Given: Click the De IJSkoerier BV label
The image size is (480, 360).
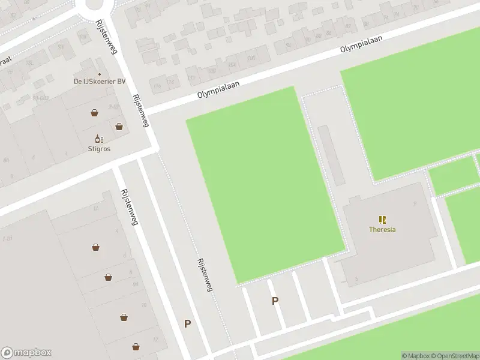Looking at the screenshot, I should [x=100, y=82].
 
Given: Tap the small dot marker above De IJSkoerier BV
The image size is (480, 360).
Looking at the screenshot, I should [x=100, y=74].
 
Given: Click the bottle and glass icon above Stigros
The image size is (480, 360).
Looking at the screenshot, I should [x=97, y=139].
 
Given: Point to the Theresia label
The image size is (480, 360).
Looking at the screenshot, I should [x=382, y=229].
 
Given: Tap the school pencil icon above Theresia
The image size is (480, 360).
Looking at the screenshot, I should [x=382, y=220].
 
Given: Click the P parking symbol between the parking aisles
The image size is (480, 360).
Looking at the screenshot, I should [x=275, y=301].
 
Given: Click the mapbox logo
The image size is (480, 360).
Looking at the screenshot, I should [x=26, y=353].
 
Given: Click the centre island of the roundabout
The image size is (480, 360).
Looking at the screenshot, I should [x=95, y=3].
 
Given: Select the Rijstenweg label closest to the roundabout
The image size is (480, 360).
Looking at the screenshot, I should [x=106, y=37].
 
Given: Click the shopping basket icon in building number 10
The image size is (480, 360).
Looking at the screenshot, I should [x=124, y=317].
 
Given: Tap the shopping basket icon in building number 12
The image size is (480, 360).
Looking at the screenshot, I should [x=136, y=347].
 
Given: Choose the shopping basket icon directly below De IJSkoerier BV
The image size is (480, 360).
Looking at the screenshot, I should [x=95, y=112].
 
